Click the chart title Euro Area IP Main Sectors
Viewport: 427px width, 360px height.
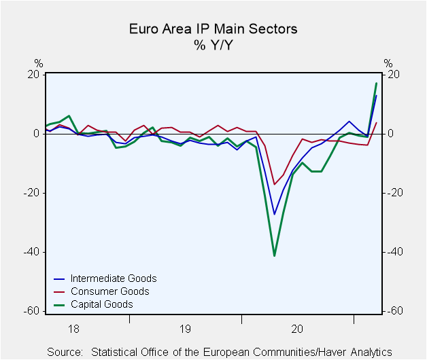[213, 29]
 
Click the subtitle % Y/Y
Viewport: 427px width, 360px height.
[213, 45]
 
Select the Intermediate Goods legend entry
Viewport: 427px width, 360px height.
[105, 278]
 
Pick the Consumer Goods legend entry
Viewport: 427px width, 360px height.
[101, 291]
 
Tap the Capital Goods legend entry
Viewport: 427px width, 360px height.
[93, 304]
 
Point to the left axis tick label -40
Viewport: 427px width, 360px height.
[31, 252]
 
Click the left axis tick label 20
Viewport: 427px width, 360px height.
[33, 75]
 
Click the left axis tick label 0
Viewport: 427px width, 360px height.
[37, 134]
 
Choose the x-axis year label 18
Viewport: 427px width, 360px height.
[73, 329]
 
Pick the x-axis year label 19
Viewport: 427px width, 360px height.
[185, 329]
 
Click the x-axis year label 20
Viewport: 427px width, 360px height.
[297, 329]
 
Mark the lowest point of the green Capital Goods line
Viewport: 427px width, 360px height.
[274, 256]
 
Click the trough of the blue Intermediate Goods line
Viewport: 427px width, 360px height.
[274, 215]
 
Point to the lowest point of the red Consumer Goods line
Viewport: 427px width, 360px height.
[274, 185]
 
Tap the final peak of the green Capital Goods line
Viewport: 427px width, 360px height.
[377, 83]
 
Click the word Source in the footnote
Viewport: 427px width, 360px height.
[65, 352]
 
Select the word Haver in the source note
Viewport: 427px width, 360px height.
[333, 352]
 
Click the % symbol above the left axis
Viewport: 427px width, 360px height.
[39, 63]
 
